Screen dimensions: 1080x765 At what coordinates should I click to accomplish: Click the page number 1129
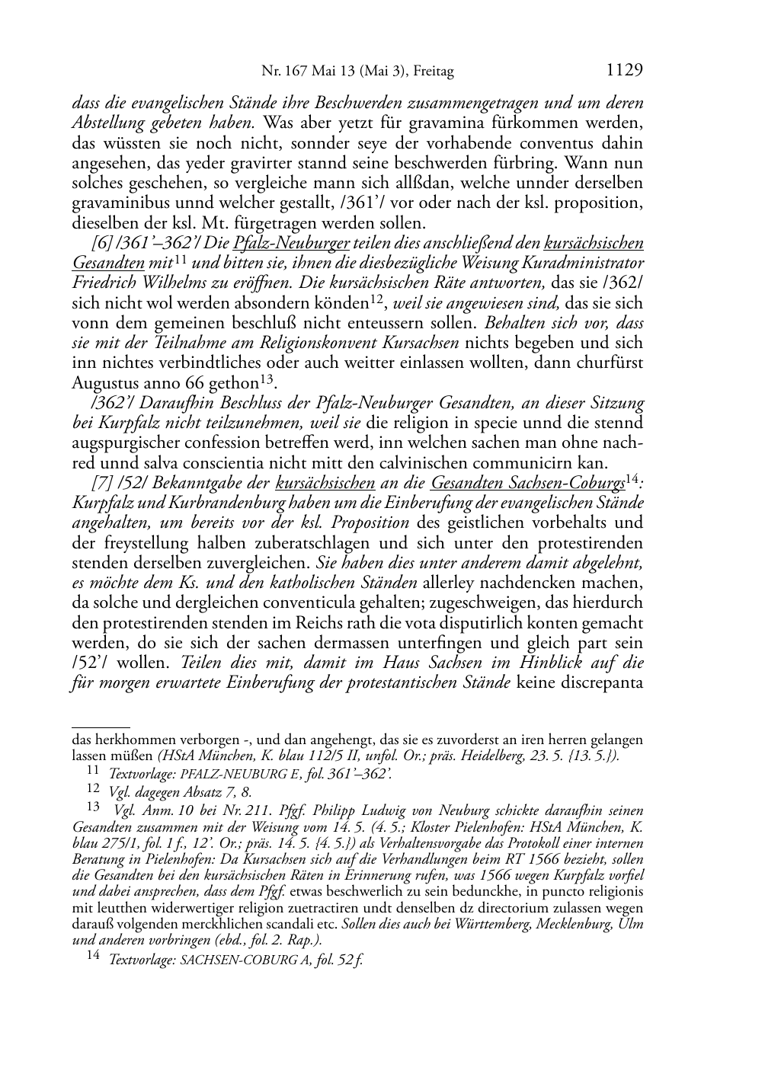(625, 71)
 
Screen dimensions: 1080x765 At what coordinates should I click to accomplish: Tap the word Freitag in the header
(433, 72)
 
